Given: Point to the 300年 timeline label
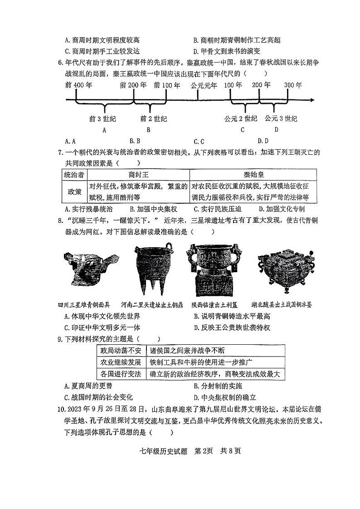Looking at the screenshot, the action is pyautogui.click(x=292, y=85).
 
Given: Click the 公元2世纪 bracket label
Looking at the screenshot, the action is pyautogui.click(x=241, y=119).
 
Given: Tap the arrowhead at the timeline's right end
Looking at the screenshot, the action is pyautogui.click(x=312, y=100).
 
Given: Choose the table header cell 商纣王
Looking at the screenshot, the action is pyautogui.click(x=138, y=175).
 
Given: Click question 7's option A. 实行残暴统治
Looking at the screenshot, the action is pyautogui.click(x=89, y=209).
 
